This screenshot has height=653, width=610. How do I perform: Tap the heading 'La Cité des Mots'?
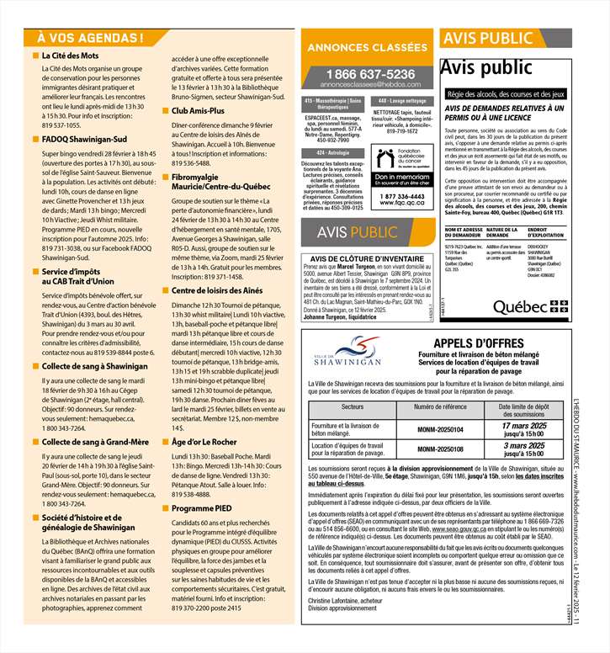pos(71,56)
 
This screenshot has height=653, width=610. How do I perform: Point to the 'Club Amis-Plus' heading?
pos(198,110)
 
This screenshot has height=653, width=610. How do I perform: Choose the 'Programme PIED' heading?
pos(201,509)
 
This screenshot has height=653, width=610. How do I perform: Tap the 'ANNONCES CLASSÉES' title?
pos(367,48)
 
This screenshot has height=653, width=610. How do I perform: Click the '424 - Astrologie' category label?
pos(332,152)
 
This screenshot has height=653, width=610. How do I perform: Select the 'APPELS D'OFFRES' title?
pos(469,343)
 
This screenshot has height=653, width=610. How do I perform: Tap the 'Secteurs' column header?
pos(353,407)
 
